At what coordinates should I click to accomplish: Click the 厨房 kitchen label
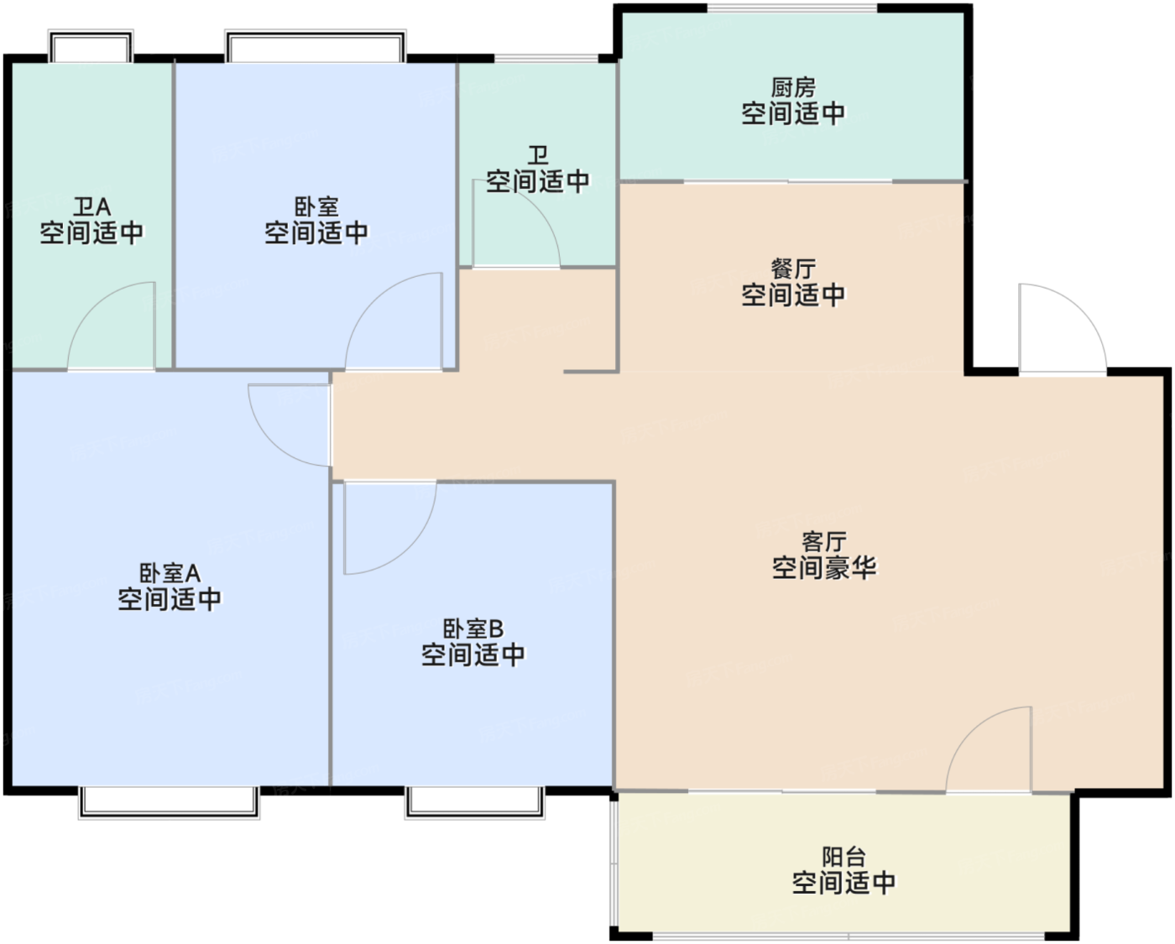point(793,87)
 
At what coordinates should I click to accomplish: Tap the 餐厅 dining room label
point(793,269)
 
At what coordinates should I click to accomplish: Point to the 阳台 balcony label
point(843,857)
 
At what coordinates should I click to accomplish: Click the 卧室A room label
point(170,573)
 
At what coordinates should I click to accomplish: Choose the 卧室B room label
point(473,629)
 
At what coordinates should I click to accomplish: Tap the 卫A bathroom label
point(91,207)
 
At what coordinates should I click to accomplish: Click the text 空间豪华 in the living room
point(824,568)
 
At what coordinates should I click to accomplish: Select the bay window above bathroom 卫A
point(91,46)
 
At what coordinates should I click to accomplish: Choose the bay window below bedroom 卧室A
point(170,802)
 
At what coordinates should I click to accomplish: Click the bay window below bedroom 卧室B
point(474,802)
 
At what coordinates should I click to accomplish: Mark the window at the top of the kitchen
point(792,8)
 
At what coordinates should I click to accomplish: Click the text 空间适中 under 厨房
point(793,113)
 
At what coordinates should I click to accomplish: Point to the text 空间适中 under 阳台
point(843,883)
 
